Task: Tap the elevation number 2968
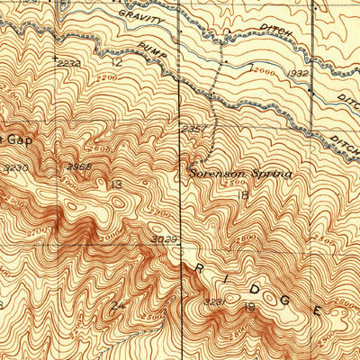[78, 166]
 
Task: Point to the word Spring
[269, 174]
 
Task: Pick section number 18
[243, 194]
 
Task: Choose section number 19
[251, 308]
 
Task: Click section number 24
[116, 306]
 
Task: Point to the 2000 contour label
[262, 69]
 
